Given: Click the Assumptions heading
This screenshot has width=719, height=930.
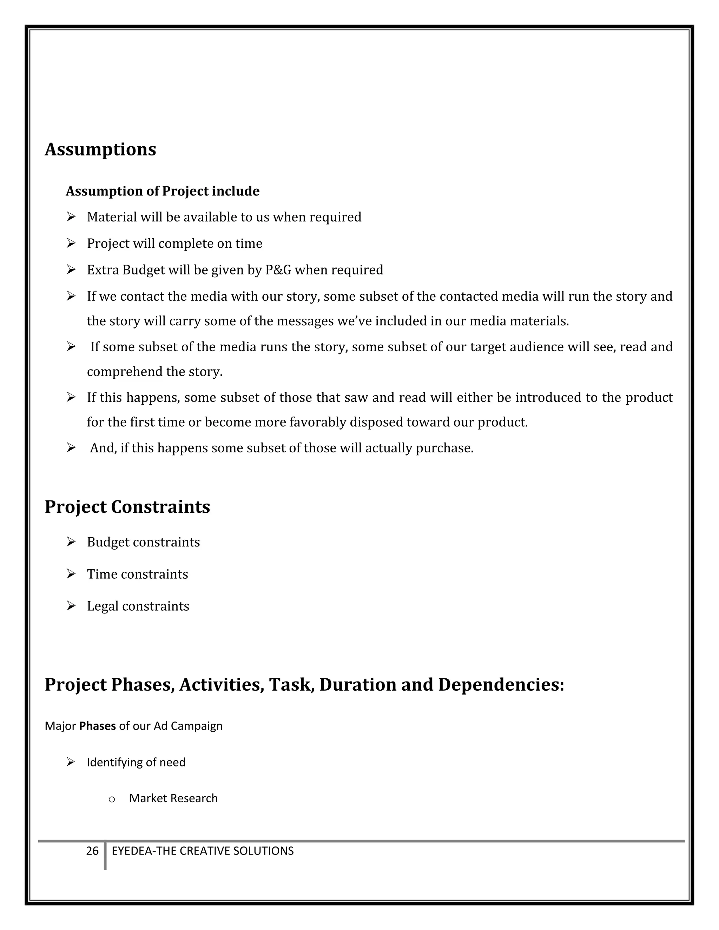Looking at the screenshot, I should [100, 150].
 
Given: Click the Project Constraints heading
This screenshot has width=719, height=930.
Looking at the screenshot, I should [127, 507].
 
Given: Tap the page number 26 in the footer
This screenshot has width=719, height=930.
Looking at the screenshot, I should [92, 851].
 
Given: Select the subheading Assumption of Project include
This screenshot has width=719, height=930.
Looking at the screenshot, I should [162, 191].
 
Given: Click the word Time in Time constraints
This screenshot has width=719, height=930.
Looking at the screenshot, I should [102, 574].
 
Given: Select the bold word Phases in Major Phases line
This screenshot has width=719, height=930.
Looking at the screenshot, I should [98, 726].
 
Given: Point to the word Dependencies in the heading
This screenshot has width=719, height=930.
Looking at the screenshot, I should [501, 685].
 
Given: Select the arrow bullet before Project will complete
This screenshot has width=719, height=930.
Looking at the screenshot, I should [71, 243].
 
